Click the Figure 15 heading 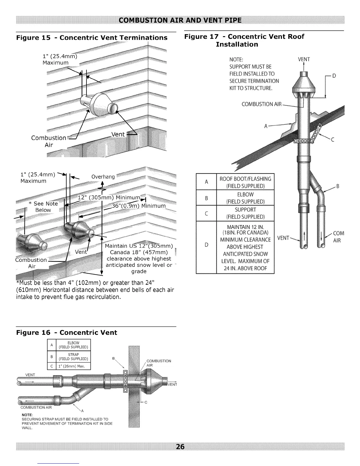[x=92, y=38]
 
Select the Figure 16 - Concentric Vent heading [x=66, y=333]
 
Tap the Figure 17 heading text [x=244, y=40]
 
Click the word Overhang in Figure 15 [x=103, y=177]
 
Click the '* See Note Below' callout [x=43, y=207]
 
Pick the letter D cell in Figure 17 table [x=206, y=245]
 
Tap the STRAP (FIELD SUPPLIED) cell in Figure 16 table [x=73, y=357]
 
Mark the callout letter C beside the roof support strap [x=333, y=140]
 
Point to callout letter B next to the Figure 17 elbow [x=338, y=186]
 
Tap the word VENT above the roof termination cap [x=304, y=59]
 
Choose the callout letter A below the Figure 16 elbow [x=82, y=411]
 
